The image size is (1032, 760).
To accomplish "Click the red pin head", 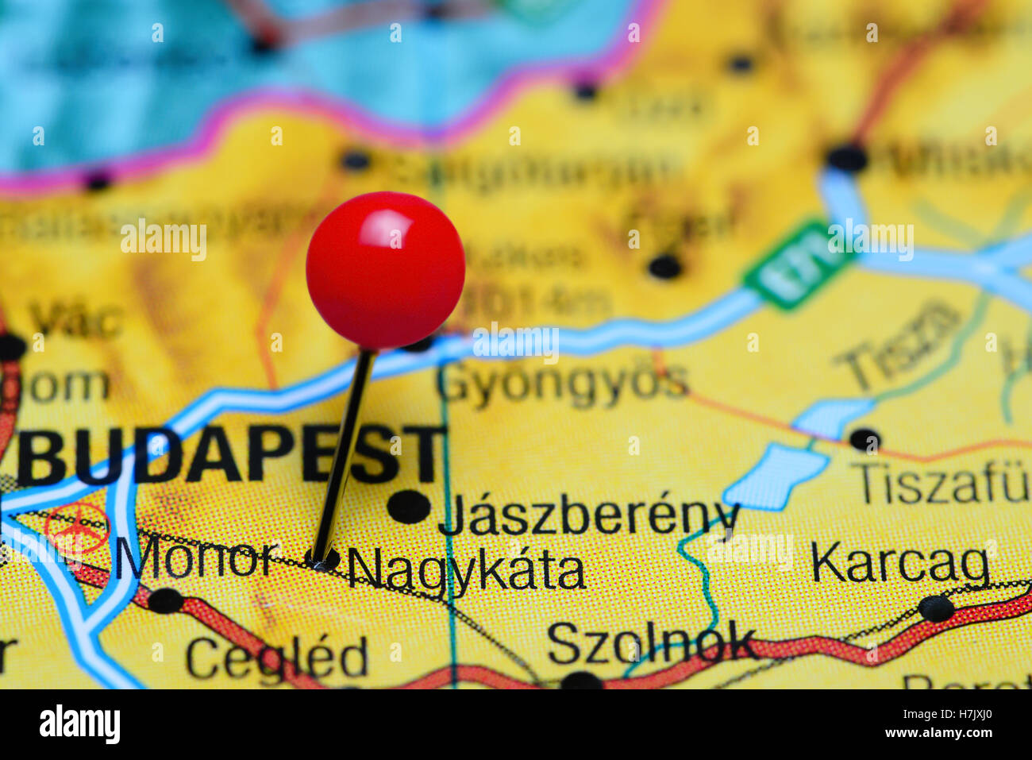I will pos(385,270).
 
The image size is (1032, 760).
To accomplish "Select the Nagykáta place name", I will pos(467,570).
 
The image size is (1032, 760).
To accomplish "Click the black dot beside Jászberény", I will pos(409,506).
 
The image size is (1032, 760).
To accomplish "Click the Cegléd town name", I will pos(277,658).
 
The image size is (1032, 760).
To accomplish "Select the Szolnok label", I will pos(651,643).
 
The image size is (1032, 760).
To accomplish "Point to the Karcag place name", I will pos(900,564).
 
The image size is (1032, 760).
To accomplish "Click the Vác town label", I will pos(76,320).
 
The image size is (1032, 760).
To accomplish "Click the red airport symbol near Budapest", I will pos(76,528).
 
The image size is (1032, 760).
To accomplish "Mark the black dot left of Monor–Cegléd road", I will pos(166,600).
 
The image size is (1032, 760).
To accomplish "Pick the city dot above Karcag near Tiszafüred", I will pos(864,438).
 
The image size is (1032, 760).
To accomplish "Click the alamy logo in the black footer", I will pos(79,724).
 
